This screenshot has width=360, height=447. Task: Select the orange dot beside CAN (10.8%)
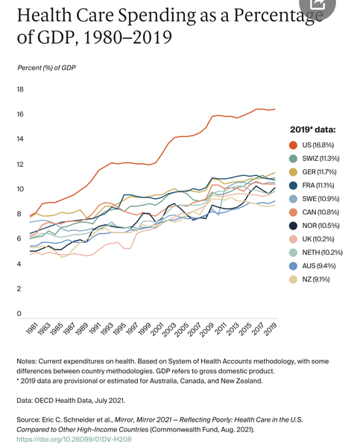tap(293, 212)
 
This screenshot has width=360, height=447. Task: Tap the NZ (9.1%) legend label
tap(316, 279)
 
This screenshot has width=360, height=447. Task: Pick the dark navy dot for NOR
tap(293, 226)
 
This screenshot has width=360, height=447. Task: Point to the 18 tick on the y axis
tap(20, 89)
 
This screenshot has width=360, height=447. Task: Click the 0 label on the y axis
tap(19, 314)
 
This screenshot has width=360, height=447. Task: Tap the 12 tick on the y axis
tap(20, 164)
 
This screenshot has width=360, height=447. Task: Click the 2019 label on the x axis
tap(271, 329)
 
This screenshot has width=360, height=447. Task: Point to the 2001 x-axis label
tap(158, 329)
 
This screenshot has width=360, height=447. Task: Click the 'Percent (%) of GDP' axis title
tap(46, 68)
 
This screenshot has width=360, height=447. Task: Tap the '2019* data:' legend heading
tap(313, 130)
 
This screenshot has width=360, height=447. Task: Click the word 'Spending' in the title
tap(157, 16)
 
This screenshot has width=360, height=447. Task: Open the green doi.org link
tap(74, 440)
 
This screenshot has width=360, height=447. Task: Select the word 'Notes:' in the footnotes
tap(27, 361)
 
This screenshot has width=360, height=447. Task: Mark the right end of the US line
tap(275, 109)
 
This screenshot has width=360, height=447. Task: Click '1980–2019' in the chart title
tap(127, 37)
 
